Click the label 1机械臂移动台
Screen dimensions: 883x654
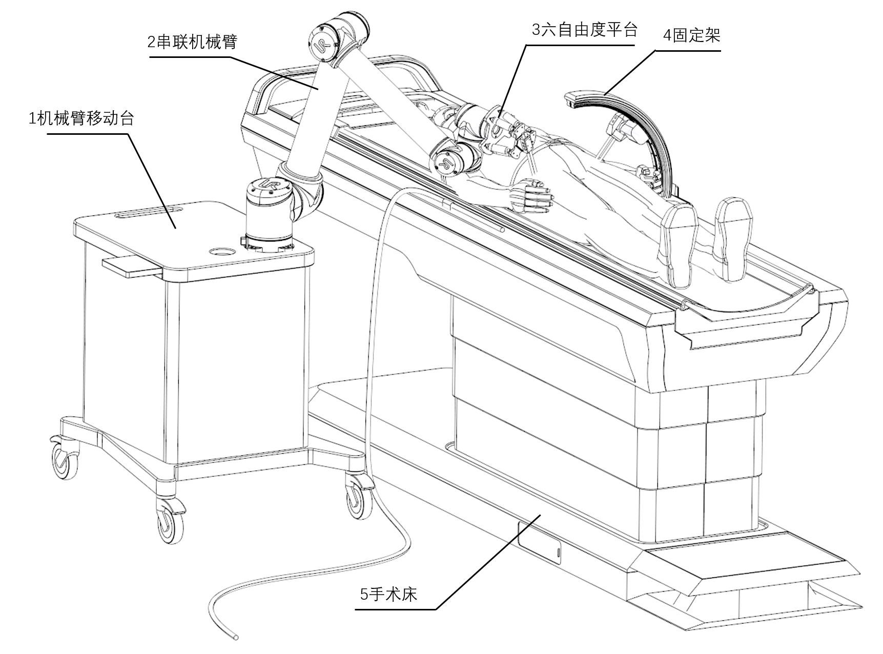point(81,119)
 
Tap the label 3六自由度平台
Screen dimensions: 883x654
point(584,30)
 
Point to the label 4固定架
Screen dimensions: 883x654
point(691,36)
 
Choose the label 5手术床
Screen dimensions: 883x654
point(388,594)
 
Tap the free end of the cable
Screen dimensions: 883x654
point(236,637)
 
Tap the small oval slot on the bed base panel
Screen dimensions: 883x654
point(558,552)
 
